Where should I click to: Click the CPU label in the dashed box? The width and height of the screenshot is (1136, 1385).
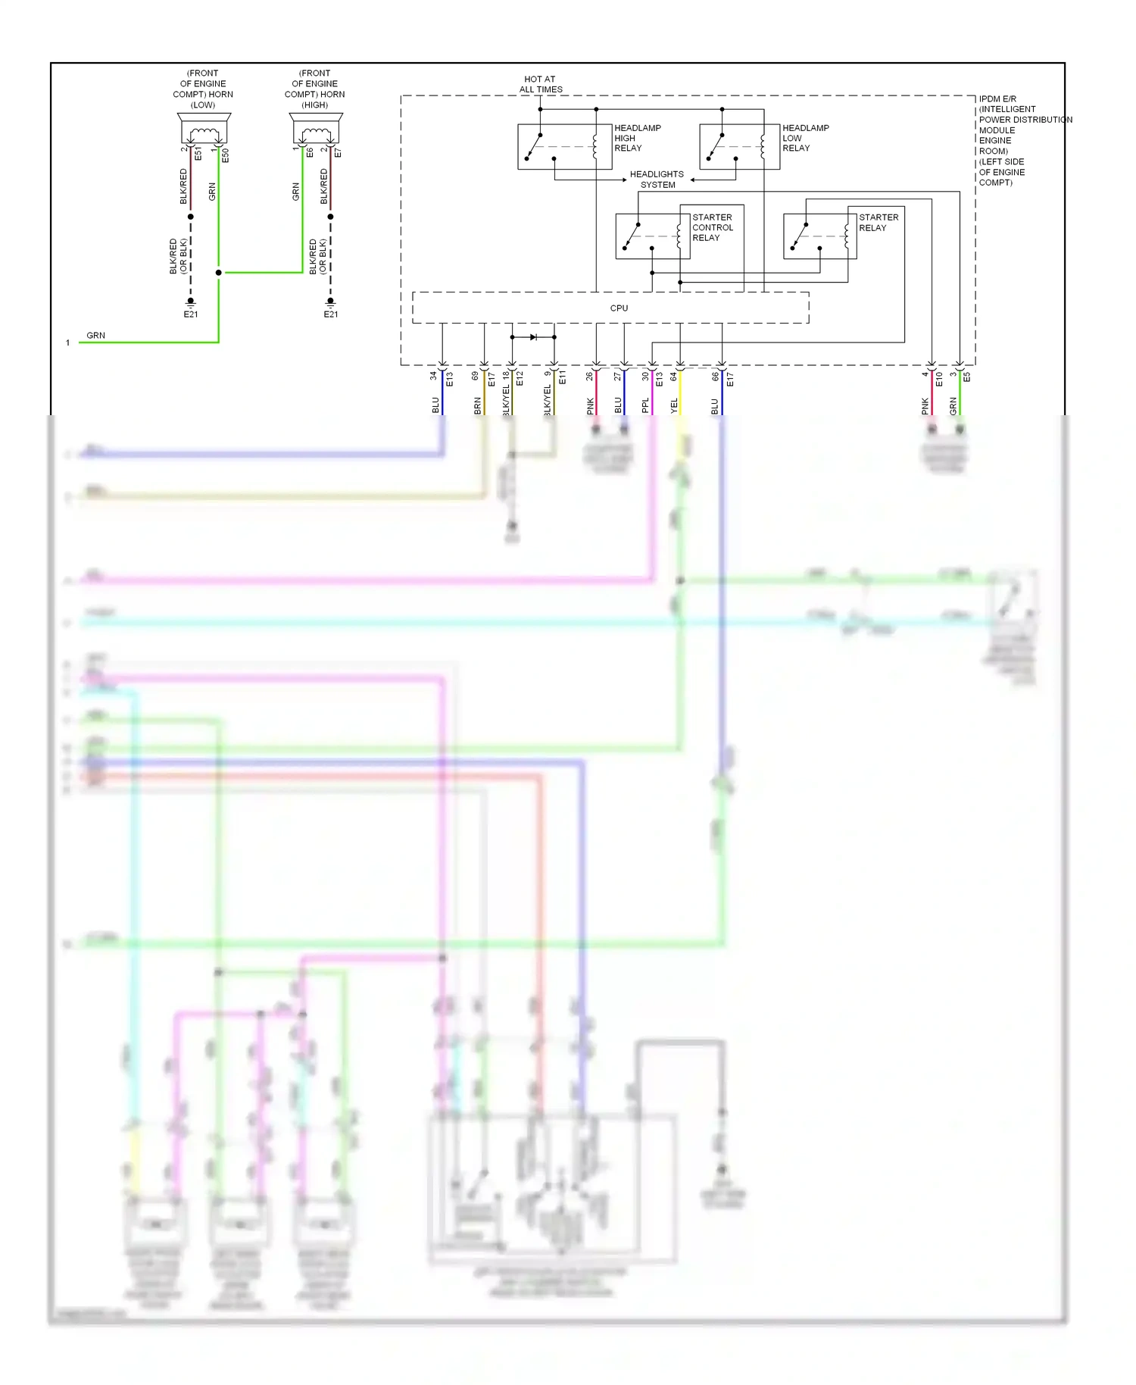pyautogui.click(x=619, y=308)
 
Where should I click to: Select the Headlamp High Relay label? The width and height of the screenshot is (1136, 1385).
pyautogui.click(x=637, y=138)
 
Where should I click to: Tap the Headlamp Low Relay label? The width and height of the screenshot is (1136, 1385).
pyautogui.click(x=805, y=138)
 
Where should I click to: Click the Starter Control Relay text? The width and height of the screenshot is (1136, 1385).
pyautogui.click(x=712, y=227)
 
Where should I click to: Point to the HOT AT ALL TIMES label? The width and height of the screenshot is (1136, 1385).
pyautogui.click(x=540, y=84)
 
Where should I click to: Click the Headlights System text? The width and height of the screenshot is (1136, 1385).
pyautogui.click(x=657, y=180)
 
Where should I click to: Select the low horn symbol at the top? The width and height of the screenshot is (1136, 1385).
pyautogui.click(x=204, y=130)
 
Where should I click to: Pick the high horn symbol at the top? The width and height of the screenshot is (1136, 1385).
pyautogui.click(x=316, y=130)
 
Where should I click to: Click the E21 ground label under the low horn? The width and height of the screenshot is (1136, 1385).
pyautogui.click(x=191, y=314)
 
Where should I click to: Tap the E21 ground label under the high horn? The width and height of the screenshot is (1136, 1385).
pyautogui.click(x=331, y=314)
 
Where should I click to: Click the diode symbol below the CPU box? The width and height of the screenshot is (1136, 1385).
pyautogui.click(x=533, y=337)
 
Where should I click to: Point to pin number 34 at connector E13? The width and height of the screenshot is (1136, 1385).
pyautogui.click(x=433, y=376)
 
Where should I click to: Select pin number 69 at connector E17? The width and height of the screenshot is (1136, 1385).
pyautogui.click(x=476, y=376)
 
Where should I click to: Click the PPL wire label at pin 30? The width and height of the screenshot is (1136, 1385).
pyautogui.click(x=645, y=406)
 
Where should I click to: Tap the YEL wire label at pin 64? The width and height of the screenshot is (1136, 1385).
pyautogui.click(x=674, y=406)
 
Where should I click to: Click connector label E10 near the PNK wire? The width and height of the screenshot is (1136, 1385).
pyautogui.click(x=939, y=378)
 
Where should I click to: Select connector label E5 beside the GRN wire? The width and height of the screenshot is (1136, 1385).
pyautogui.click(x=967, y=377)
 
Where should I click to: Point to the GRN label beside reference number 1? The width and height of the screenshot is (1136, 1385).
pyautogui.click(x=95, y=336)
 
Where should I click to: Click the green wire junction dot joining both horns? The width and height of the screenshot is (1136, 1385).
pyautogui.click(x=219, y=273)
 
